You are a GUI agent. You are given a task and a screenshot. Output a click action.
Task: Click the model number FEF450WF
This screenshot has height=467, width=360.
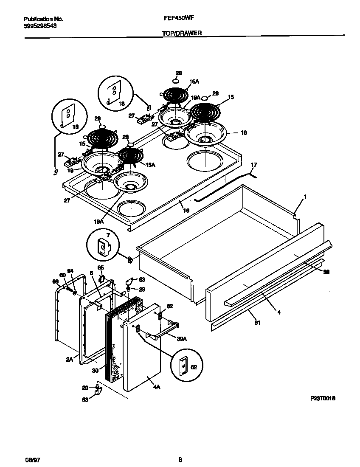(179, 19)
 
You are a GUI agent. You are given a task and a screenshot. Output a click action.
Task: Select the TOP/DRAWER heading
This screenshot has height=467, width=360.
(182, 33)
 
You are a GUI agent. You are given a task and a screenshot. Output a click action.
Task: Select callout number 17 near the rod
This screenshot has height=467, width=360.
(254, 164)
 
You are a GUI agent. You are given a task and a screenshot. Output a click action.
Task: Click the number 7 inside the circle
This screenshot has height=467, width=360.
(108, 235)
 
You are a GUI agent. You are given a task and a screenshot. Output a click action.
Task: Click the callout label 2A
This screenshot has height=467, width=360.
(70, 359)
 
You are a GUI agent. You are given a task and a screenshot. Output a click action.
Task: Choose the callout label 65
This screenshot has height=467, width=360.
(101, 267)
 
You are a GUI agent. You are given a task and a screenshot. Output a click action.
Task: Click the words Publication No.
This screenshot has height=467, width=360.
(43, 19)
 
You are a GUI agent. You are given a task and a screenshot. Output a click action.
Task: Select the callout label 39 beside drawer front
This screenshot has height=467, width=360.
(326, 272)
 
